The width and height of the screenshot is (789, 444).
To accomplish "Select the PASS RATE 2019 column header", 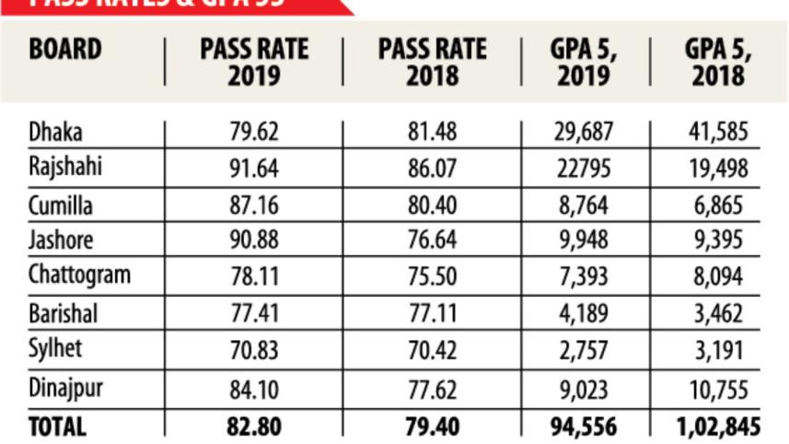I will click(253, 63).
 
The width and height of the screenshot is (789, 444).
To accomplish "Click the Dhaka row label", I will click(55, 132).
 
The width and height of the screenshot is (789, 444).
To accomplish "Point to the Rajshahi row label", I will click(65, 168).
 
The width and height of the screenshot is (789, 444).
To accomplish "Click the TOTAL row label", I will click(57, 426).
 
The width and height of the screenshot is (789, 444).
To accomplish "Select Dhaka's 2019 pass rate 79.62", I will click(253, 132).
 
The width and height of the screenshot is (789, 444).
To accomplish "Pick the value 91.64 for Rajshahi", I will click(253, 168).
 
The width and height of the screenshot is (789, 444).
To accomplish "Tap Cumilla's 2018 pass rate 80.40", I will click(432, 204).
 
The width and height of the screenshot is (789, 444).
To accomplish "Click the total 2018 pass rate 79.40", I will click(432, 426).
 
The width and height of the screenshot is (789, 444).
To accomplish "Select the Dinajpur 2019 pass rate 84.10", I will click(253, 389).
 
